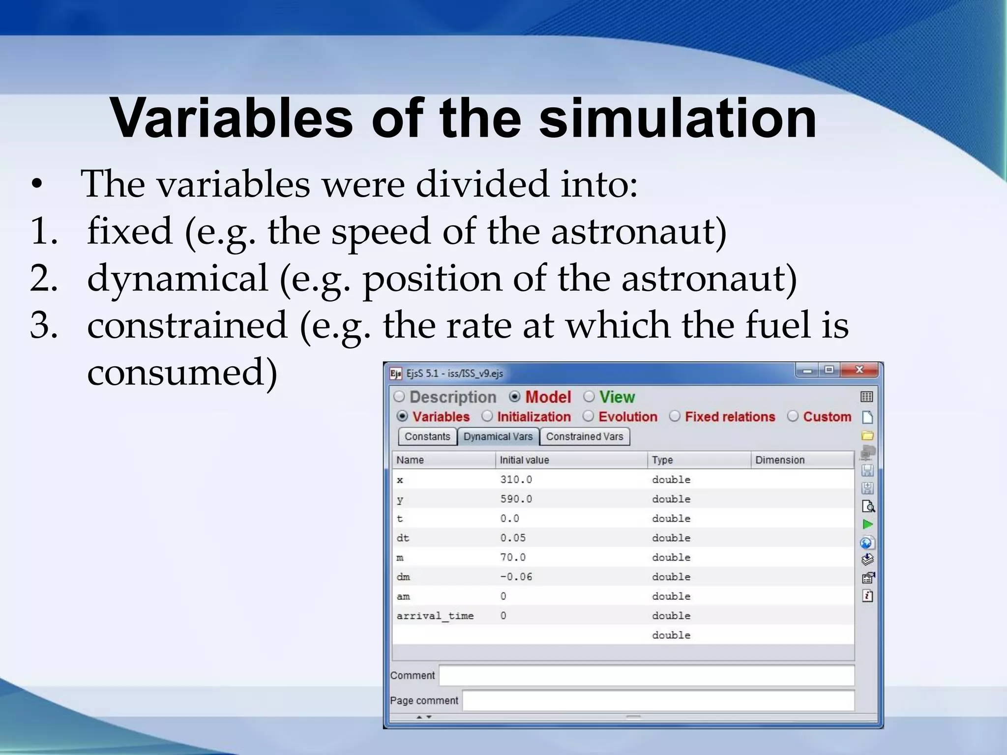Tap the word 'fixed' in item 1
click(x=129, y=231)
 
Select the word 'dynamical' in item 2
click(x=178, y=278)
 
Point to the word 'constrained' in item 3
click(x=187, y=325)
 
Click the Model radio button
click(x=515, y=397)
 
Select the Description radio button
click(x=399, y=397)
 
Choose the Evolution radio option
click(x=588, y=416)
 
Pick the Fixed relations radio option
click(x=675, y=416)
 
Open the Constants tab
click(x=427, y=436)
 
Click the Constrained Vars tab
click(x=584, y=436)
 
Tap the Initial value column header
click(x=524, y=460)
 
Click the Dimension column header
click(x=780, y=460)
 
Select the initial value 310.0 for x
click(x=516, y=480)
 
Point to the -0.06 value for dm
click(x=516, y=577)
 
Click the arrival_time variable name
click(x=435, y=616)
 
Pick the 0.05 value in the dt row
click(x=513, y=538)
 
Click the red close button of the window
click(x=859, y=370)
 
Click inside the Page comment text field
click(x=658, y=700)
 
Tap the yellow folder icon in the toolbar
click(x=867, y=436)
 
